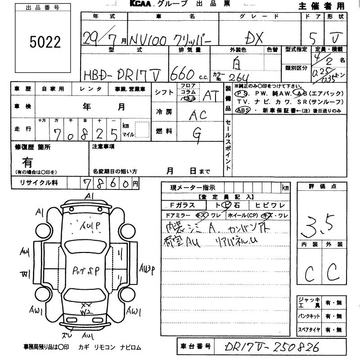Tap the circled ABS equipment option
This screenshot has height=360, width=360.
click(242, 110)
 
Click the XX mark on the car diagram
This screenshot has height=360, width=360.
click(84, 304)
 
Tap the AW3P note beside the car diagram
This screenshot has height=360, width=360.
click(147, 269)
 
